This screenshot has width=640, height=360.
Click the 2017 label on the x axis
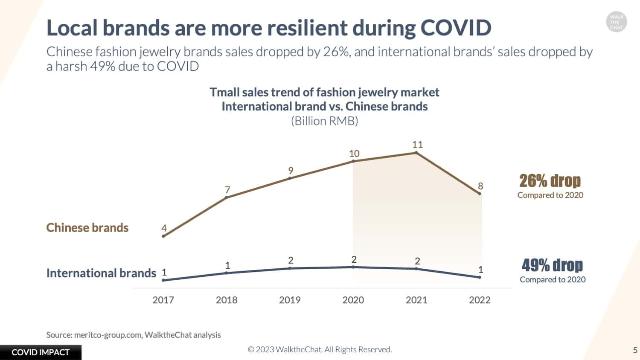pos(163,300)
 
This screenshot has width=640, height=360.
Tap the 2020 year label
pos(353,300)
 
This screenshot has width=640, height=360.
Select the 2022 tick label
pos(480,300)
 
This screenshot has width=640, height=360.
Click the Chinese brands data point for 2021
pos(416,153)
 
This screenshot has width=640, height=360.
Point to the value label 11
pos(417,145)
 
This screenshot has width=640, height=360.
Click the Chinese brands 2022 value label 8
pos(480,186)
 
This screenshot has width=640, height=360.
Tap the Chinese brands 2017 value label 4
pos(164,228)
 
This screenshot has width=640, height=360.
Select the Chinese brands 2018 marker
pos(226,197)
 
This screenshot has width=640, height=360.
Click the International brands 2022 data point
pos(480,277)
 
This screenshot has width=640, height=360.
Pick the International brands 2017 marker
pos(163,280)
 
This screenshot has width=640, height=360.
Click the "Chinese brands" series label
pos(87,228)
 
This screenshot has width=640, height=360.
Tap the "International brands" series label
pos(101,273)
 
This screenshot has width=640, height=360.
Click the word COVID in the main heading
pos(456,28)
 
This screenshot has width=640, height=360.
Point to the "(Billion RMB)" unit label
pos(325,121)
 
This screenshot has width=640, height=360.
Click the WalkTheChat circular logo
pos(616,22)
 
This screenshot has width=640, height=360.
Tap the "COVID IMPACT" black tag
pos(41,352)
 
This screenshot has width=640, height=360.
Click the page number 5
pos(635,350)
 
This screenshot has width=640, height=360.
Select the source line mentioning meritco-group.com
pos(134,335)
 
